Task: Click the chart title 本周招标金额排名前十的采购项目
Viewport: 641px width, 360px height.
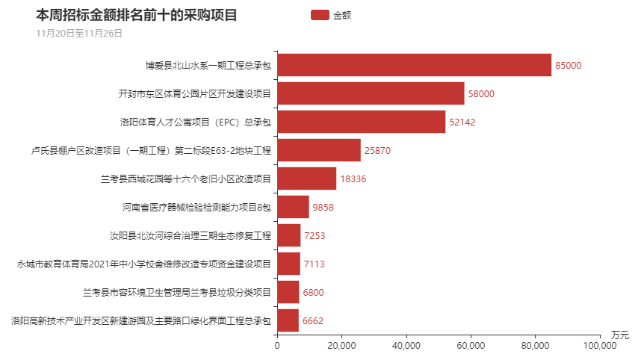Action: click(x=136, y=15)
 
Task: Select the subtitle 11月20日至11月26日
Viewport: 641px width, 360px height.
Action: click(x=79, y=33)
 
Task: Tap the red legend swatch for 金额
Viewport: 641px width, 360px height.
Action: click(x=319, y=15)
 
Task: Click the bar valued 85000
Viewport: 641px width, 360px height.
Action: click(x=414, y=65)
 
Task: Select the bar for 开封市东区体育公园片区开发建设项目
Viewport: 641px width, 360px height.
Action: click(x=371, y=93)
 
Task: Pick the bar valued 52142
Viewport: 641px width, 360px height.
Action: click(x=361, y=122)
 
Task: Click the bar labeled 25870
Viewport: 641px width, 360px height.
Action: click(x=318, y=150)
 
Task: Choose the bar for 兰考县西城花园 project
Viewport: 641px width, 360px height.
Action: click(x=306, y=179)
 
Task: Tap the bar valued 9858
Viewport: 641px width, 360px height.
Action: click(x=293, y=207)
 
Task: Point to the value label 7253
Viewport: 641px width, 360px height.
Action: click(x=315, y=235)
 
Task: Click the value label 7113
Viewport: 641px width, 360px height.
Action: click(x=314, y=264)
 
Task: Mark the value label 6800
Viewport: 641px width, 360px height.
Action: click(x=313, y=292)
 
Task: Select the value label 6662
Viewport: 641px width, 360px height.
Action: click(x=313, y=320)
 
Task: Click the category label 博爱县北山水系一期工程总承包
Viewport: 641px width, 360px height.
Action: click(x=208, y=65)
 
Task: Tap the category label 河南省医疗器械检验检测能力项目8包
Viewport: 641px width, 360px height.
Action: click(x=196, y=207)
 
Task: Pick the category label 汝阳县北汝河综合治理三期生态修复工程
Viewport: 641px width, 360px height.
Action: click(x=190, y=235)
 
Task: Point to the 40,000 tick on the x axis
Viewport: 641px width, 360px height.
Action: click(x=406, y=346)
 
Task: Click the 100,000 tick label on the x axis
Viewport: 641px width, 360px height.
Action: click(x=598, y=346)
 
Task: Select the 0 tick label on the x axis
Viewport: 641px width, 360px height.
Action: click(x=277, y=346)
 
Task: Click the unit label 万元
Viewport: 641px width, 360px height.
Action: click(x=620, y=334)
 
